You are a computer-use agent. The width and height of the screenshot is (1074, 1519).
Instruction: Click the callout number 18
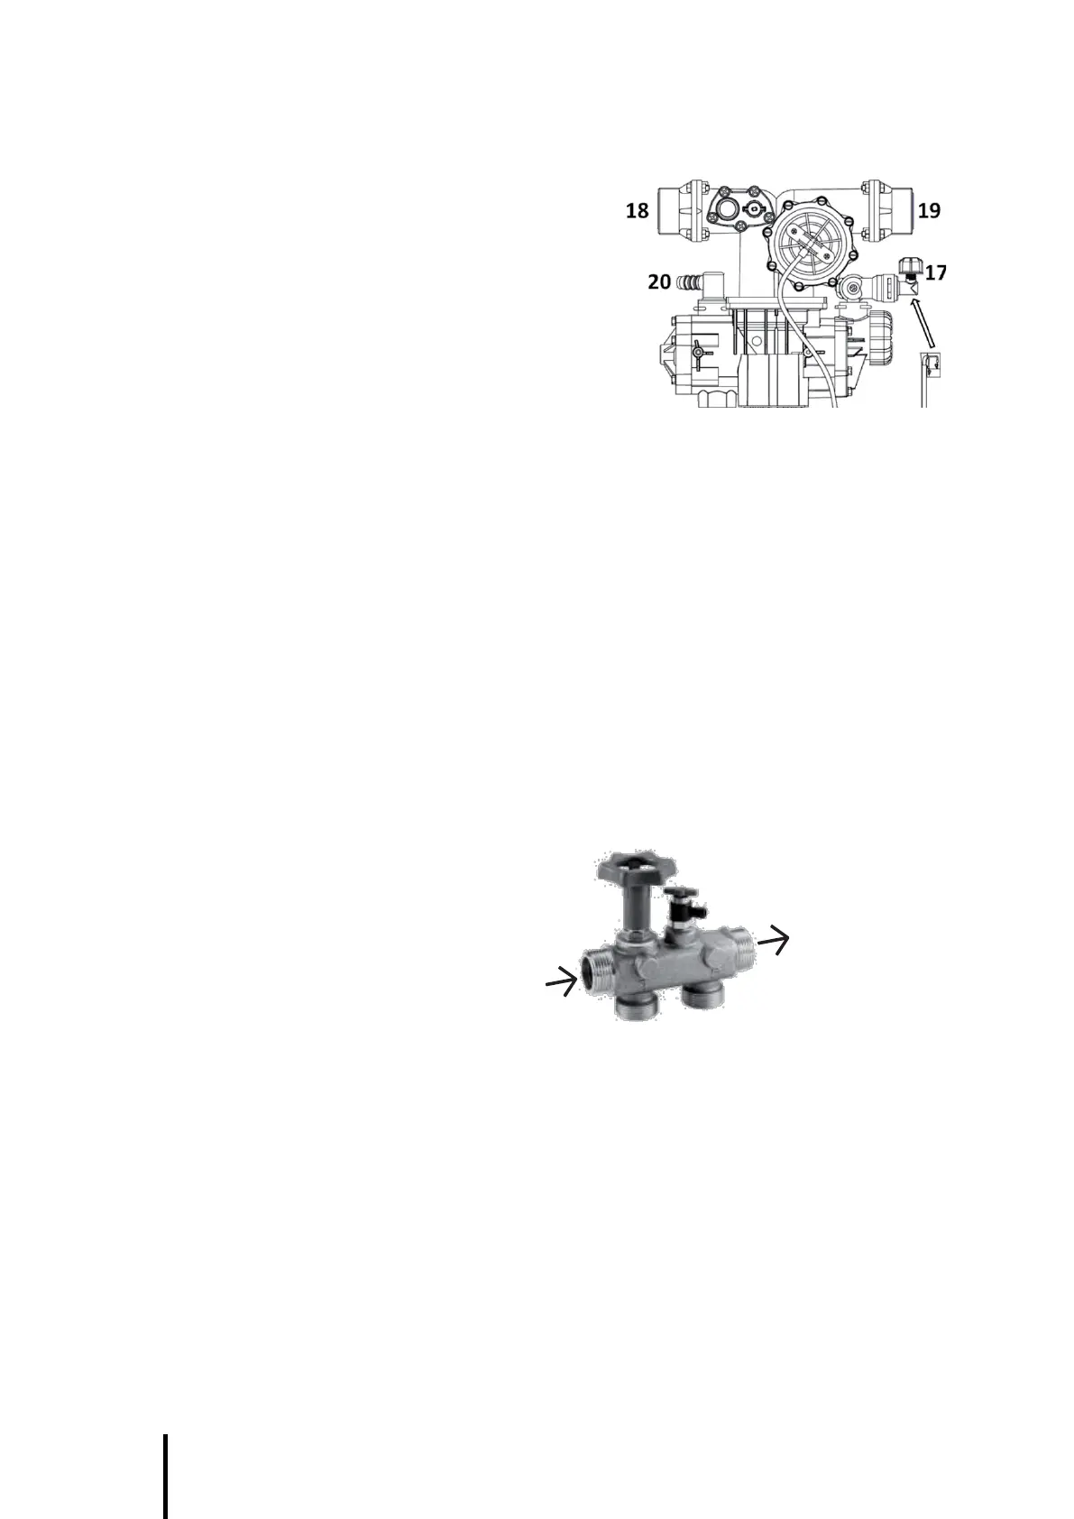click(x=637, y=211)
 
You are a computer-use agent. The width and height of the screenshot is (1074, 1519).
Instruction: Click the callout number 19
click(x=929, y=210)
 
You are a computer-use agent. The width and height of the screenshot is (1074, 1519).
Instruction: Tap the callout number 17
click(x=936, y=272)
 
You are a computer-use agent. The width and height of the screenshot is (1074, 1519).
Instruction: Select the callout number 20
click(x=658, y=281)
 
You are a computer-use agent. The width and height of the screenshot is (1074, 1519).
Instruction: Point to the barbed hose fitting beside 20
click(x=687, y=281)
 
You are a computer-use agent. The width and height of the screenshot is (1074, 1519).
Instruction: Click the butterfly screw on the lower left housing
click(x=698, y=351)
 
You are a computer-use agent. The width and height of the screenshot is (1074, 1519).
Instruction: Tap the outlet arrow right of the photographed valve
click(x=774, y=943)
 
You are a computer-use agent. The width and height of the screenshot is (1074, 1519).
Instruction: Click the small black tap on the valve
click(x=676, y=899)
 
